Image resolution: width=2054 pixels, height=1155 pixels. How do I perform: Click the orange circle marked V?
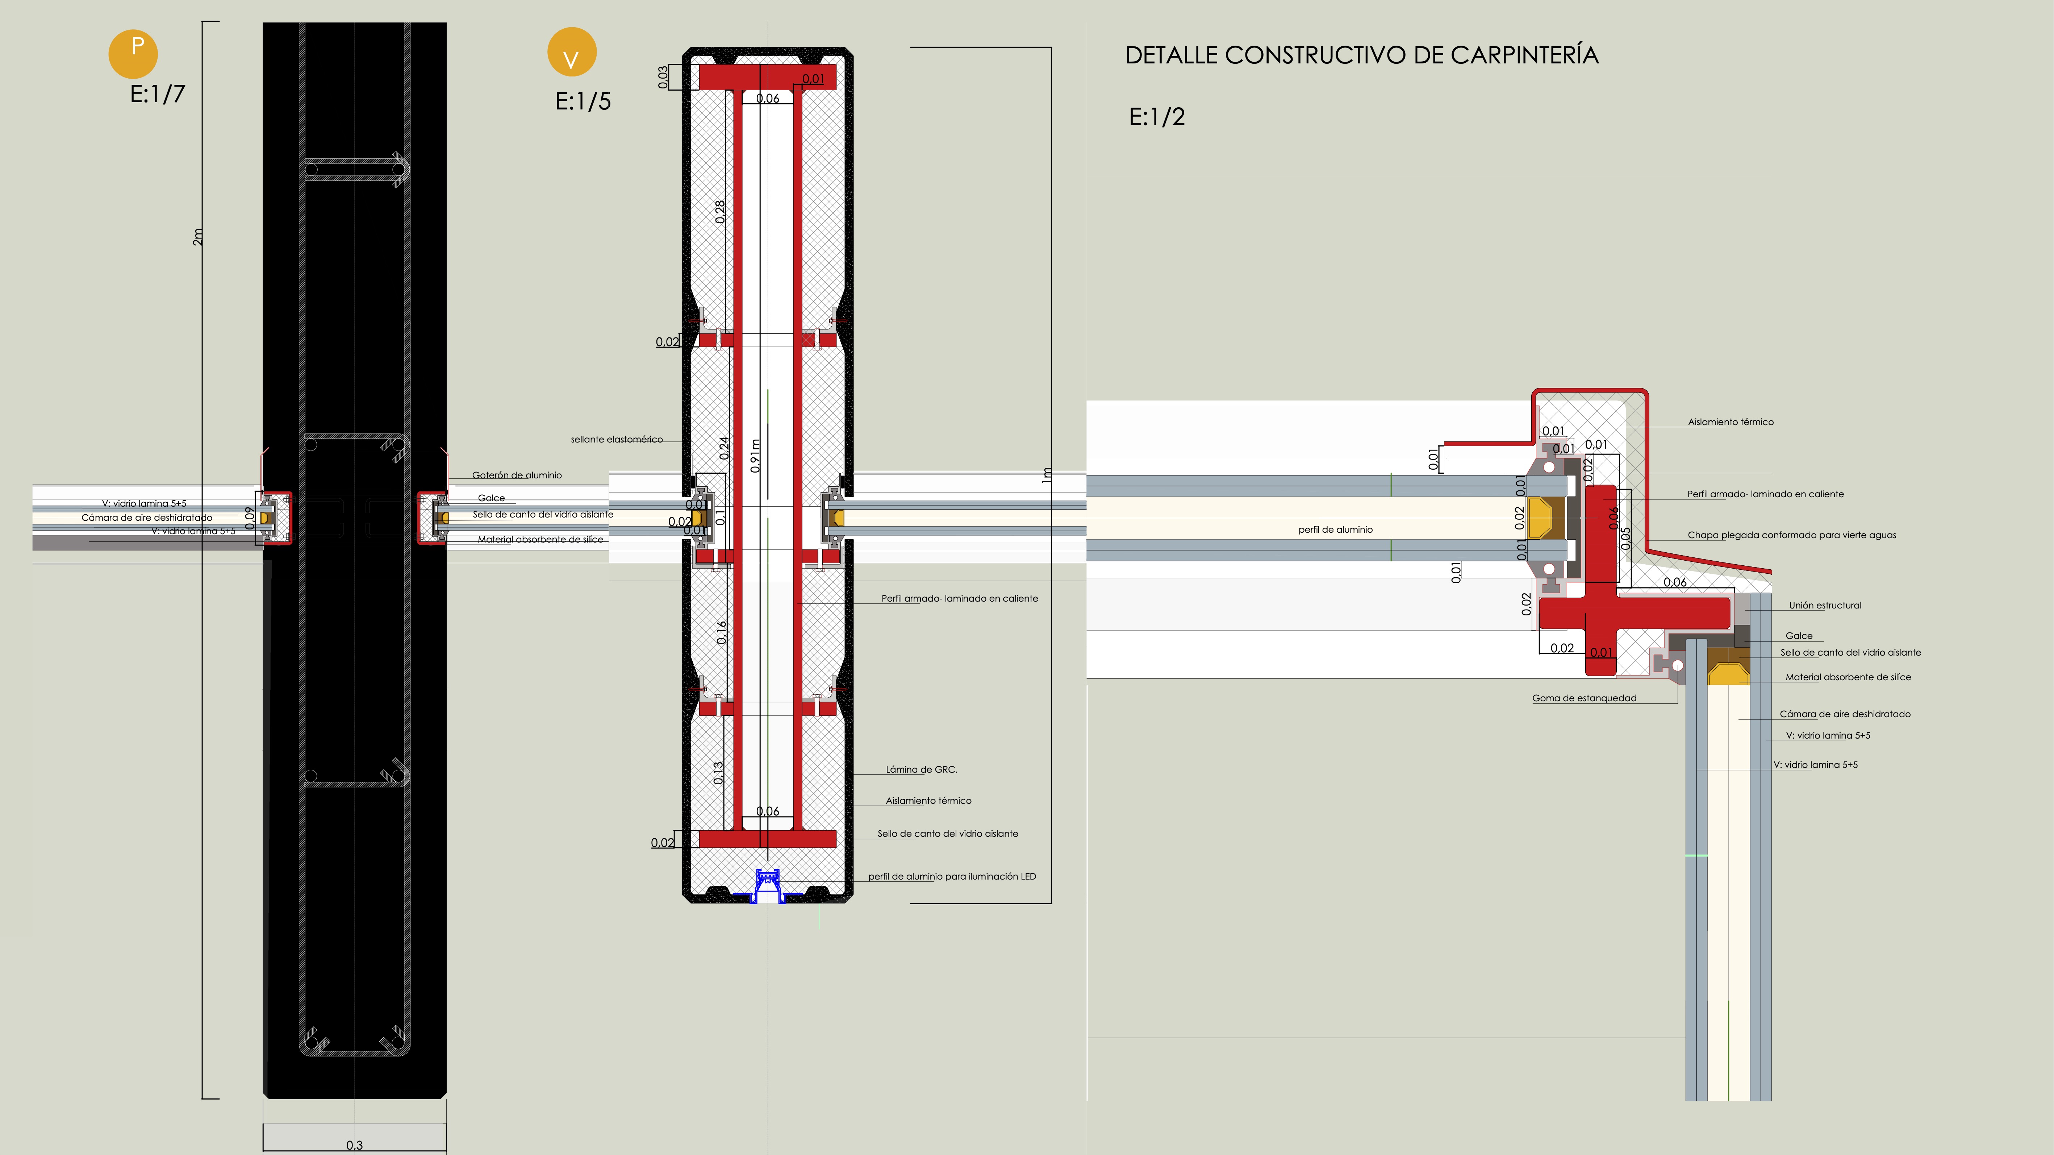point(572,52)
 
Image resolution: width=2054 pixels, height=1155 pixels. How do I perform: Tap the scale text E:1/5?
point(583,101)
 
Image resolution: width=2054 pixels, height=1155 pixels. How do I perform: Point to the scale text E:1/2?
point(1157,117)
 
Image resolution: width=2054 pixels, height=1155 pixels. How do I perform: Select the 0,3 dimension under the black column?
point(354,1144)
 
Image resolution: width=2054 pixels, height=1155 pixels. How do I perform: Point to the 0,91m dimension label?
point(755,456)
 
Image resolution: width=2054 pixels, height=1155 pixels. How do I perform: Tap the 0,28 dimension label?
point(720,211)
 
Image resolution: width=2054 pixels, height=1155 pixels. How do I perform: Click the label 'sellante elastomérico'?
point(616,439)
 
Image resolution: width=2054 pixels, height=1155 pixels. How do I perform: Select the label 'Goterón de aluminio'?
point(517,475)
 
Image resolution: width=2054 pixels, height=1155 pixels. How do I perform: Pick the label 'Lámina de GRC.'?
point(921,769)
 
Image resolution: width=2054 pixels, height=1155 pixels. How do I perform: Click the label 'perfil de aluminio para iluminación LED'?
point(952,876)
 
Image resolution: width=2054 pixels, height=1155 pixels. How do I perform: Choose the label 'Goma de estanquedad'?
point(1583,698)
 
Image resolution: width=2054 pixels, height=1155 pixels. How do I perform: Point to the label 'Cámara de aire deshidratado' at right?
point(1844,714)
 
